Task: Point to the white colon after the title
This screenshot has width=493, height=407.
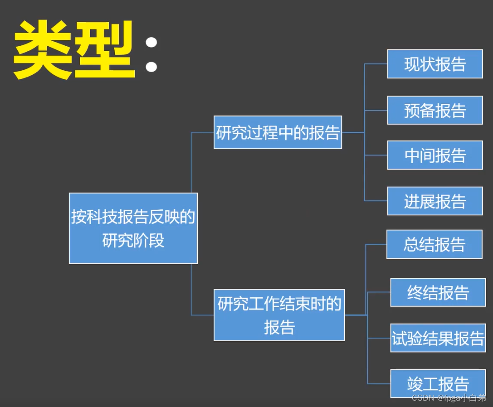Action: pyautogui.click(x=151, y=55)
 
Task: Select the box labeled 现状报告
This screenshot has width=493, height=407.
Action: pyautogui.click(x=434, y=64)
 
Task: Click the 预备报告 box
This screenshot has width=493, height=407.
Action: pyautogui.click(x=434, y=110)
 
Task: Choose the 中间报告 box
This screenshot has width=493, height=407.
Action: pyautogui.click(x=434, y=155)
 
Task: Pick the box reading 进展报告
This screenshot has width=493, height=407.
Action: pyautogui.click(x=434, y=201)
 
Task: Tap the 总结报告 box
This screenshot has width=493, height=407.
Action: pyautogui.click(x=434, y=244)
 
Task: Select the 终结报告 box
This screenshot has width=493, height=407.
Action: pyautogui.click(x=438, y=292)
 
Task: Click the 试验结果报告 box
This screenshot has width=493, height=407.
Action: pyautogui.click(x=438, y=338)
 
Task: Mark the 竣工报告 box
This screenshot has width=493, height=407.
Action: pyautogui.click(x=438, y=383)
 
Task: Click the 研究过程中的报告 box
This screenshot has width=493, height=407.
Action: pyautogui.click(x=278, y=132)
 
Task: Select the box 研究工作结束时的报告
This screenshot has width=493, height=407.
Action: pyautogui.click(x=279, y=315)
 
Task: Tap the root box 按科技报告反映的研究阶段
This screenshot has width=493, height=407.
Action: pyautogui.click(x=133, y=228)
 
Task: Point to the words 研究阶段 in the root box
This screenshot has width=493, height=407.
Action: pyautogui.click(x=133, y=241)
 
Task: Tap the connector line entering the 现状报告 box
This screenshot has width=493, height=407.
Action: pyautogui.click(x=376, y=64)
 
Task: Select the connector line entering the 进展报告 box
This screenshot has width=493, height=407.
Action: pyautogui.click(x=376, y=201)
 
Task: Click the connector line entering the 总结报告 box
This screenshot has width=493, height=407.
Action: pyautogui.click(x=376, y=244)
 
